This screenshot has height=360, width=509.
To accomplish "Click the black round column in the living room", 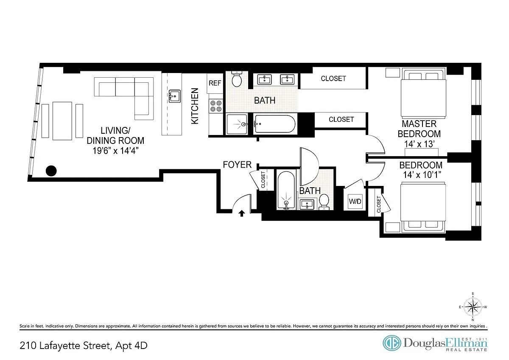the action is coord(51,171).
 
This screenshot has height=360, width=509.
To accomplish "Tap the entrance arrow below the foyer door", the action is coord(241,213).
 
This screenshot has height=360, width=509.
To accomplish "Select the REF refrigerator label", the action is coord(215,83).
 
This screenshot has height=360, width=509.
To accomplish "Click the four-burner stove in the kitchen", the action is coord(216,106).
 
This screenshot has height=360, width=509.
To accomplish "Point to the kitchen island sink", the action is coord(174,96).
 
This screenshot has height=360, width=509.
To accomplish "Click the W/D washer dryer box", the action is coord(355,202).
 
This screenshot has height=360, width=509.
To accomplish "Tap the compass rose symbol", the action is coord(473,307).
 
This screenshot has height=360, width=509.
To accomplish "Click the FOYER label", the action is coord(237,164).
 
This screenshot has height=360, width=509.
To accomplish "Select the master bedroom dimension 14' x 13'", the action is coord(419,144).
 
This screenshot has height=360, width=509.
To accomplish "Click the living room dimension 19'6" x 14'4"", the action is coord(115,151).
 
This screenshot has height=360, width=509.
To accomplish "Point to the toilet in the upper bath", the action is coord(237,79).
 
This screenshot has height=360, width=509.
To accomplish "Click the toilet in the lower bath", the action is coord(324,202).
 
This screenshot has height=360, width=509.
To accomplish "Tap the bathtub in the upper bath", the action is coord(275,124).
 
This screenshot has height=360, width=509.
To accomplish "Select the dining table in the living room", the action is coord(62,121).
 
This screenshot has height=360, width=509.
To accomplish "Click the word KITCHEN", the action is coord(195,106).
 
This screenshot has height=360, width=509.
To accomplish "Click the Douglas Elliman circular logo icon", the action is coord(392,343).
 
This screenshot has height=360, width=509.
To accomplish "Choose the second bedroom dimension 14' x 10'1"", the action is coord(422,174).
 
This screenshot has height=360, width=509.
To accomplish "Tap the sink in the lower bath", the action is coord(307,204).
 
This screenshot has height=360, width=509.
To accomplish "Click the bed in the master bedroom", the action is coord(423,93).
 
